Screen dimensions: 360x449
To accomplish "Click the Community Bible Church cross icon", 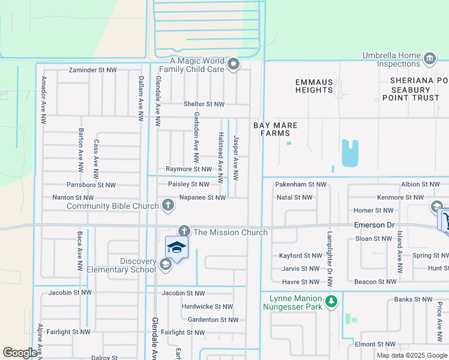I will (x=169, y=206).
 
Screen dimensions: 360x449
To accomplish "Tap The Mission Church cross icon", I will (x=184, y=232).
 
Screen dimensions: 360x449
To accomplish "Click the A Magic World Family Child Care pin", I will (x=234, y=64).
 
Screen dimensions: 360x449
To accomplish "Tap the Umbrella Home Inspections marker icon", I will (x=429, y=59).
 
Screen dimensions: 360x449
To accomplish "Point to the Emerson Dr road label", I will (x=373, y=224).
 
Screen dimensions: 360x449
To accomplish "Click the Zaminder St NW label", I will (x=92, y=70).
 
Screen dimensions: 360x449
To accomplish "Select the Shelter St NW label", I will (x=203, y=104).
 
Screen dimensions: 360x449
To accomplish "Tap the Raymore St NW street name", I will (x=188, y=170).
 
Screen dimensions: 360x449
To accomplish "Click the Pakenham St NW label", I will (x=301, y=184).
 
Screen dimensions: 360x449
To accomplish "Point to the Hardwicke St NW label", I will (x=207, y=306).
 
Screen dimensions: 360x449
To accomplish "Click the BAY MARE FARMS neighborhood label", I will (x=275, y=129).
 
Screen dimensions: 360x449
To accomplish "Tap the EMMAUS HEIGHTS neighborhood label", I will (x=314, y=86).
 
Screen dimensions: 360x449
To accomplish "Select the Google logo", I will (x=20, y=353).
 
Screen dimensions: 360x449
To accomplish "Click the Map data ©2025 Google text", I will (x=411, y=355).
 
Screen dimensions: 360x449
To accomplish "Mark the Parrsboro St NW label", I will (x=91, y=185).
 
